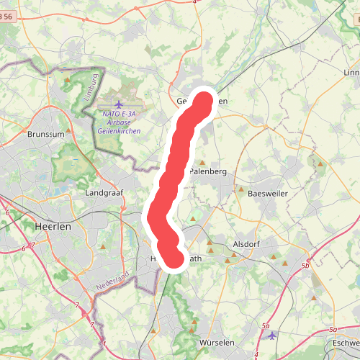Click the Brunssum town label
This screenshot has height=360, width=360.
45,134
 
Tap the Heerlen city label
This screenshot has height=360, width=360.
53,226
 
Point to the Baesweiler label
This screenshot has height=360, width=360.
267,194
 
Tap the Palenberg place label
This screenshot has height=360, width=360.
208,172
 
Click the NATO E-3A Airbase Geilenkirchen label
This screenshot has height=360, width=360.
119,123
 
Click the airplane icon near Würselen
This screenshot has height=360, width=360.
271,335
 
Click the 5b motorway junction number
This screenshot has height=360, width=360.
305,266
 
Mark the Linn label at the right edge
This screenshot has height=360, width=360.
352,73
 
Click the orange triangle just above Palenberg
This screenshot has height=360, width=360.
202,163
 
